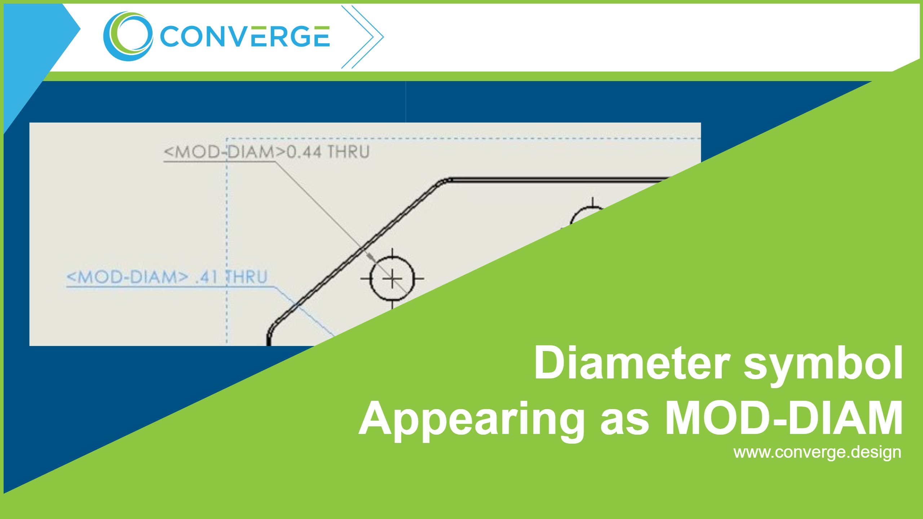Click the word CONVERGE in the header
tap(245, 36)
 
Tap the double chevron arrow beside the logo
tap(362, 37)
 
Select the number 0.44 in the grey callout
tap(304, 152)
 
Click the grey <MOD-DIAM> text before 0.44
tap(225, 152)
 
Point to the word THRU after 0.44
tap(348, 152)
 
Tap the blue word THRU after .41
tap(247, 277)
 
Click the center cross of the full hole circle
tap(392, 279)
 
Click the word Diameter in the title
tap(632, 363)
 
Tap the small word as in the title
tap(624, 422)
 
